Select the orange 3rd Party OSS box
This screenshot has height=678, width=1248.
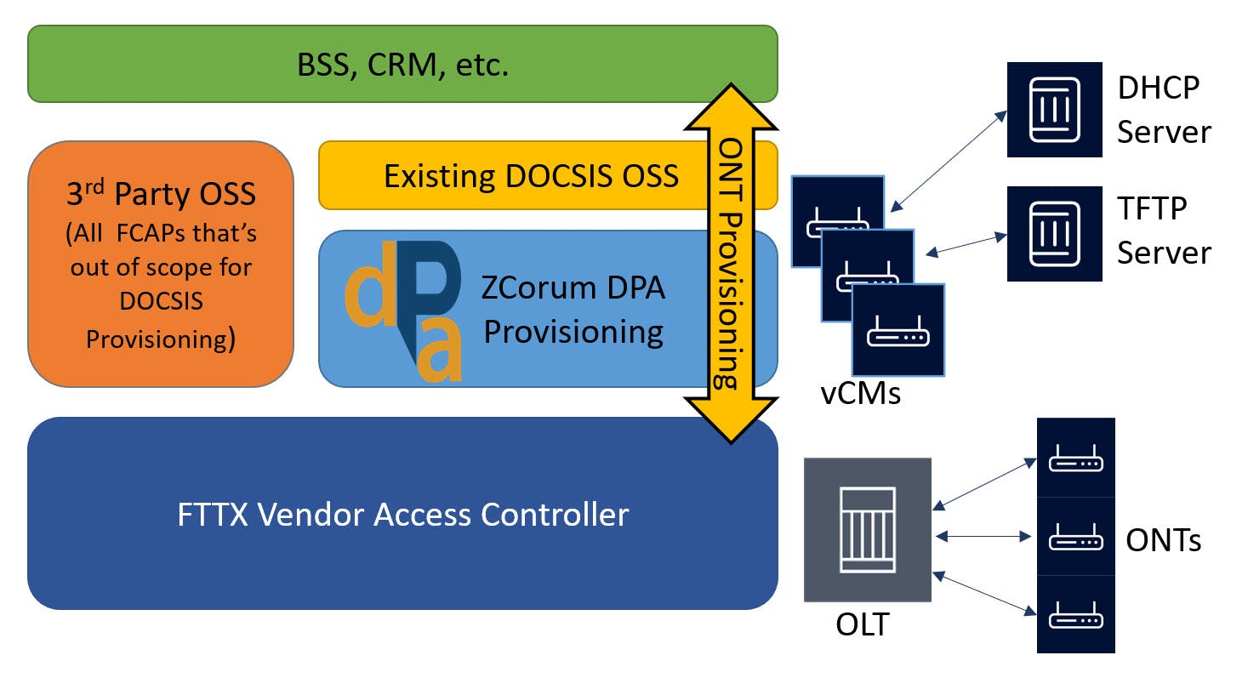pyautogui.click(x=161, y=265)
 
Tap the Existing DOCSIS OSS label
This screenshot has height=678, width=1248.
pyautogui.click(x=531, y=176)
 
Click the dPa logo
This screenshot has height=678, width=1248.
pyautogui.click(x=405, y=311)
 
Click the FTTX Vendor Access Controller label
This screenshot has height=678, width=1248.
pyautogui.click(x=403, y=514)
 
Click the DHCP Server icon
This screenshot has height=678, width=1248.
pyautogui.click(x=1054, y=110)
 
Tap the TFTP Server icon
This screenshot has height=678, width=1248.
pyautogui.click(x=1054, y=234)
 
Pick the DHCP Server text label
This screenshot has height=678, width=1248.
pyautogui.click(x=1164, y=110)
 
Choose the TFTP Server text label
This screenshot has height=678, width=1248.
pyautogui.click(x=1164, y=230)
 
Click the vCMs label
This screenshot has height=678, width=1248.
pyautogui.click(x=860, y=394)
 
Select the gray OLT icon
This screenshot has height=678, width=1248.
pyautogui.click(x=867, y=529)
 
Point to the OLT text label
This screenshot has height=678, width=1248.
pyautogui.click(x=862, y=624)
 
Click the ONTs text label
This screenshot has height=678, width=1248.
pyautogui.click(x=1163, y=539)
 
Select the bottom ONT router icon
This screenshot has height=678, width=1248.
pyautogui.click(x=1075, y=614)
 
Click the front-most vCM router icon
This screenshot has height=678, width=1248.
pyautogui.click(x=898, y=330)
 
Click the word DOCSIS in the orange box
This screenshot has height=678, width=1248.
pyautogui.click(x=161, y=302)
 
